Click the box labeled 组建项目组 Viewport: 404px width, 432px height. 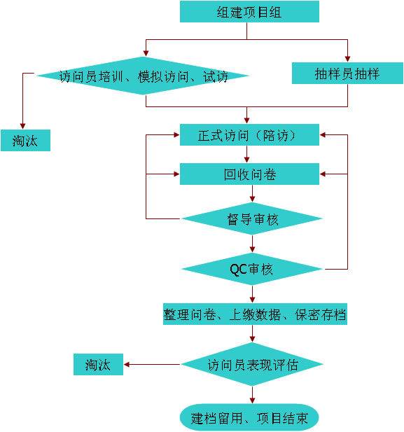click(249, 12)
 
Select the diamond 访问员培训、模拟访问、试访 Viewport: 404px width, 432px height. click(143, 76)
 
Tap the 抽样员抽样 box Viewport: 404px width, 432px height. click(347, 73)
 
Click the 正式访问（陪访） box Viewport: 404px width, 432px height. click(249, 134)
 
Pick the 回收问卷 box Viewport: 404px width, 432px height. click(249, 174)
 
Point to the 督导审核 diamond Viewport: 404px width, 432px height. click(252, 218)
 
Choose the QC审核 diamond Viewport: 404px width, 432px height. click(252, 269)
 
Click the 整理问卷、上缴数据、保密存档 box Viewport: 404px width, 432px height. click(255, 314)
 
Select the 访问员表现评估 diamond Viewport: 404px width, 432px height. click(252, 364)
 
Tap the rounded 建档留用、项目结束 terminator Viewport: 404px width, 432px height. click(249, 418)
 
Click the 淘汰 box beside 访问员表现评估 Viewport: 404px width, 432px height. click(98, 364)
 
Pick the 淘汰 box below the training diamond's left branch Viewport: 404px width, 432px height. click(25, 140)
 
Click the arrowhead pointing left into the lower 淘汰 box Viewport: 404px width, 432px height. click(127, 365)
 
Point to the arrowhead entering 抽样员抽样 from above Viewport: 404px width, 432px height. click(347, 59)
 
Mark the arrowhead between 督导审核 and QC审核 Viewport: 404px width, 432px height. click(252, 249)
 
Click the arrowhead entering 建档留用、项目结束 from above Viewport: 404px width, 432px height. click(252, 400)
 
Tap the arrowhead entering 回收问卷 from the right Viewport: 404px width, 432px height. click(323, 174)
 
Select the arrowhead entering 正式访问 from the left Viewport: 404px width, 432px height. click(176, 134)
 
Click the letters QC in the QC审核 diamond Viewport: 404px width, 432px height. click(238, 269)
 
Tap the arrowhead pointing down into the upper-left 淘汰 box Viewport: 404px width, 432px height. click(22, 126)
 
